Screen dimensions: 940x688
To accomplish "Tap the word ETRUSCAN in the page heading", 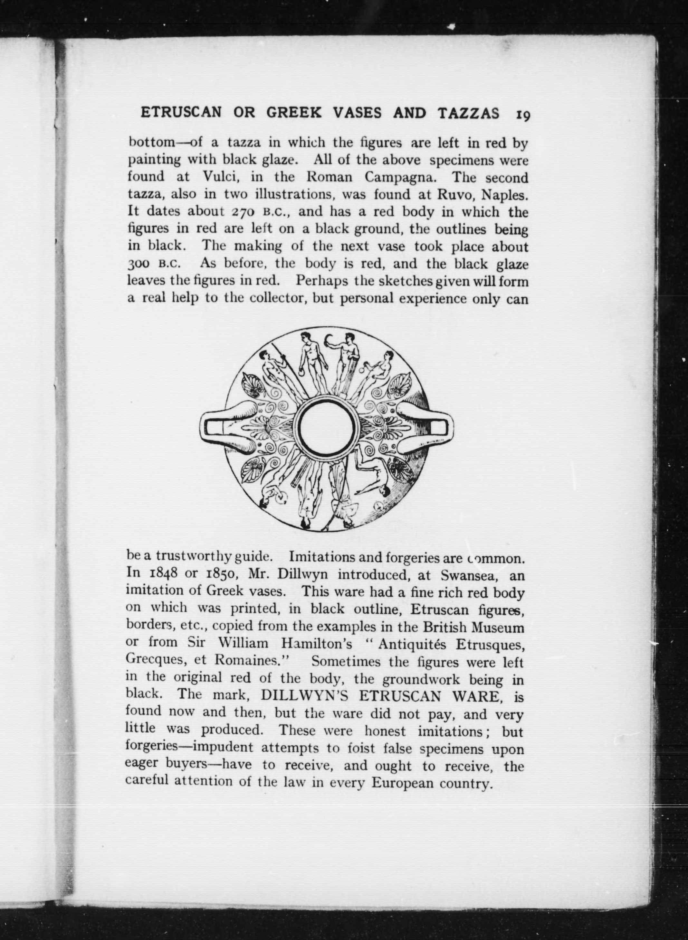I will click(x=181, y=113).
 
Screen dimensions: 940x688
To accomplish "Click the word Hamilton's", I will click(x=317, y=644).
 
